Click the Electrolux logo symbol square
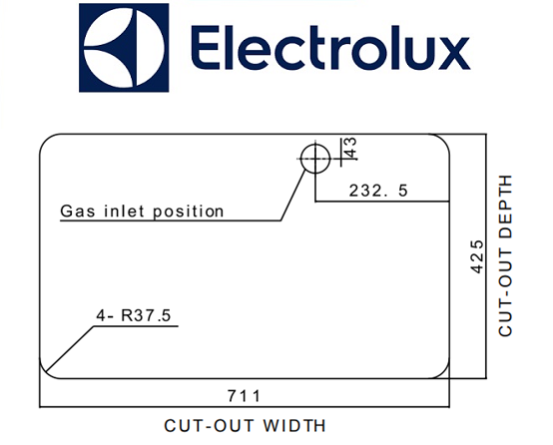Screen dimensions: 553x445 (124, 48)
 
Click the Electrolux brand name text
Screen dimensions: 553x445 (330, 48)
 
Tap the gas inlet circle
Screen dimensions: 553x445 (315, 159)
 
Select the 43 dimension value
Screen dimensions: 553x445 (351, 149)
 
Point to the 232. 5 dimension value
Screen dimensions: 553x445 (378, 191)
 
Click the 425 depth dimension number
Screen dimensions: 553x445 (477, 256)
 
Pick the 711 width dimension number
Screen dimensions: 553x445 (244, 396)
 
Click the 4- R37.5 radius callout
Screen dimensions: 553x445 (134, 315)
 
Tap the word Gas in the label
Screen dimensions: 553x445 (78, 211)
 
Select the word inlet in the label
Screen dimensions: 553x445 (124, 211)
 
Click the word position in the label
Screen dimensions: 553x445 (189, 212)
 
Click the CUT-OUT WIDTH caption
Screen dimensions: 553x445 (245, 426)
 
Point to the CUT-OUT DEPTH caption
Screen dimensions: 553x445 (505, 255)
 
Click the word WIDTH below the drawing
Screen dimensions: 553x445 (294, 426)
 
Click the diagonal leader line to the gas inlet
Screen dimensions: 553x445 (293, 195)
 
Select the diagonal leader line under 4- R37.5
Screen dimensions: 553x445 (70, 349)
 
